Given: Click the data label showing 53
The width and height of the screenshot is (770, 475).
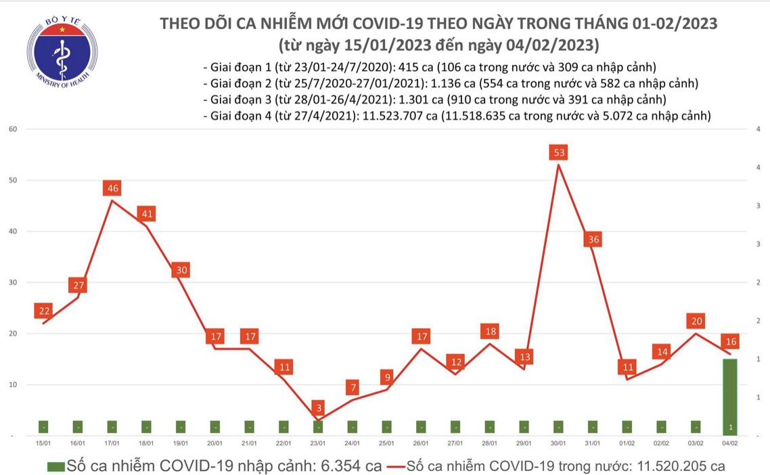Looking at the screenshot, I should tap(559, 153).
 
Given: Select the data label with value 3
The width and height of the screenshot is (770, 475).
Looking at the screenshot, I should tap(319, 409).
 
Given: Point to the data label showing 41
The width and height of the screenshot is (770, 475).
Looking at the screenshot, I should tap(147, 214).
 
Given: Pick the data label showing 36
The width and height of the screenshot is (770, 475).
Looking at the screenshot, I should tap(593, 240).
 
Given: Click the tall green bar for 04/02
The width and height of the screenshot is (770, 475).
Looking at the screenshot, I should tap(730, 397).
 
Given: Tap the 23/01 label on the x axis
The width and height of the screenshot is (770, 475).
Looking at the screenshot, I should tap(317, 443).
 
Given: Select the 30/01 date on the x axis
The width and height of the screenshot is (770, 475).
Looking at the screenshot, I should tap(559, 443).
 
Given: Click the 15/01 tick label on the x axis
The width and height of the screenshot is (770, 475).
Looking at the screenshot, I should tap(43, 443).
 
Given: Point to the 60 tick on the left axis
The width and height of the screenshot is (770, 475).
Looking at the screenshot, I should tap(12, 129).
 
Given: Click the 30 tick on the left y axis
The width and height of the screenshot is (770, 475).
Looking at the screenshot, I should tap(12, 282).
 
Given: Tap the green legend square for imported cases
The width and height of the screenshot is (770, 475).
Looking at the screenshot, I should tap(56, 466).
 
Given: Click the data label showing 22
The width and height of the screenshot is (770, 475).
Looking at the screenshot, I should tap(45, 311).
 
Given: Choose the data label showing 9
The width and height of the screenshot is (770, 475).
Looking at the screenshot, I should tap(387, 377).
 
